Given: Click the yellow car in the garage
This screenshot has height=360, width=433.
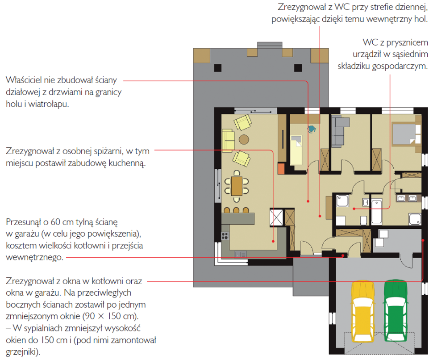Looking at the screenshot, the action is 362,311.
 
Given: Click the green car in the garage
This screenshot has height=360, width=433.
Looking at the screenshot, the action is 396,310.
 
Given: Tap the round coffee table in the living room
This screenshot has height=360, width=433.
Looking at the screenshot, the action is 244,139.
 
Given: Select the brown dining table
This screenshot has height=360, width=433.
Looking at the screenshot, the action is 237,186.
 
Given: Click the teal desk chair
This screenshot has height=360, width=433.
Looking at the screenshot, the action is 312,129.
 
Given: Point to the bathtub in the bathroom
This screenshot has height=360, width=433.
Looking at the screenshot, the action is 376,212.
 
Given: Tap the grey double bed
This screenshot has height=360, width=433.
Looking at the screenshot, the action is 406,134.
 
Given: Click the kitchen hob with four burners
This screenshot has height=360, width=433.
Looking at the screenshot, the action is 225,236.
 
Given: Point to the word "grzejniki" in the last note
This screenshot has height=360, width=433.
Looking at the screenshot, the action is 21,352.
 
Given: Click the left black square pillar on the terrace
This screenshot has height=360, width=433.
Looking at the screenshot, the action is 218,68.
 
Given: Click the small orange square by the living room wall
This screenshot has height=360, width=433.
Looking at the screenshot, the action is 281,169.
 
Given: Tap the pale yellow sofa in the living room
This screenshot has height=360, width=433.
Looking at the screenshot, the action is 228,140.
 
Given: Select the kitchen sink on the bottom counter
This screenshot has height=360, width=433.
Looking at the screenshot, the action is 241,254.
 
